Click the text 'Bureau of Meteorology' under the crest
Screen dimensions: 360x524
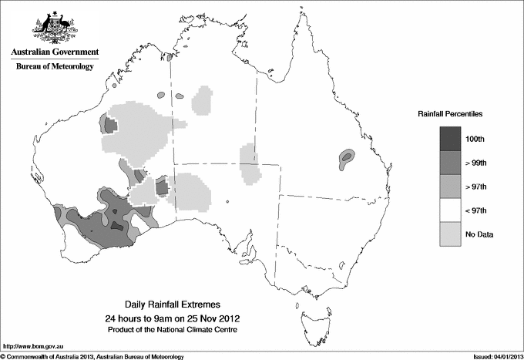55,67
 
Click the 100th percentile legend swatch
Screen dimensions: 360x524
450,138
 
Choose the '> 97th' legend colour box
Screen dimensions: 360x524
450,186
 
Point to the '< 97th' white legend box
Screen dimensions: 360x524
450,210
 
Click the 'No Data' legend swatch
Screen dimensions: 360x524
450,234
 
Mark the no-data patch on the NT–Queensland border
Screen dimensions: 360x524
248,163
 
